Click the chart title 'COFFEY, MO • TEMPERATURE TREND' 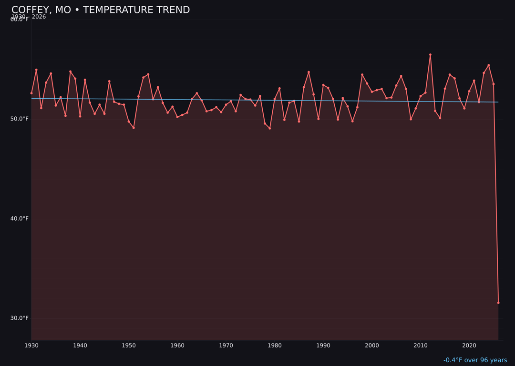tap(101, 10)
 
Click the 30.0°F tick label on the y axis tap(20, 318)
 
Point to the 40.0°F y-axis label tap(20, 219)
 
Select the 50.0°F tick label tap(20, 119)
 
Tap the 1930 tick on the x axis tap(31, 346)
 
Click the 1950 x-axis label tap(129, 346)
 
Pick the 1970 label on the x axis tap(226, 346)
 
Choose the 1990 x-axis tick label tap(323, 346)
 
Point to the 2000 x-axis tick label tap(372, 346)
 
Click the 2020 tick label tap(469, 346)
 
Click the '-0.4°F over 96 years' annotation tap(475, 360)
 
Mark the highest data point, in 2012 tap(430, 55)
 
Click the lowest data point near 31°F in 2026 tap(498, 303)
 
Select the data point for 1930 tap(31, 93)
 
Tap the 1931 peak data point tap(36, 70)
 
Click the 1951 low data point tap(134, 128)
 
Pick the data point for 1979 tap(270, 128)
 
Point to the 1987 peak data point tap(309, 72)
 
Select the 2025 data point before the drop tap(494, 84)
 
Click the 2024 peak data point tap(489, 65)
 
